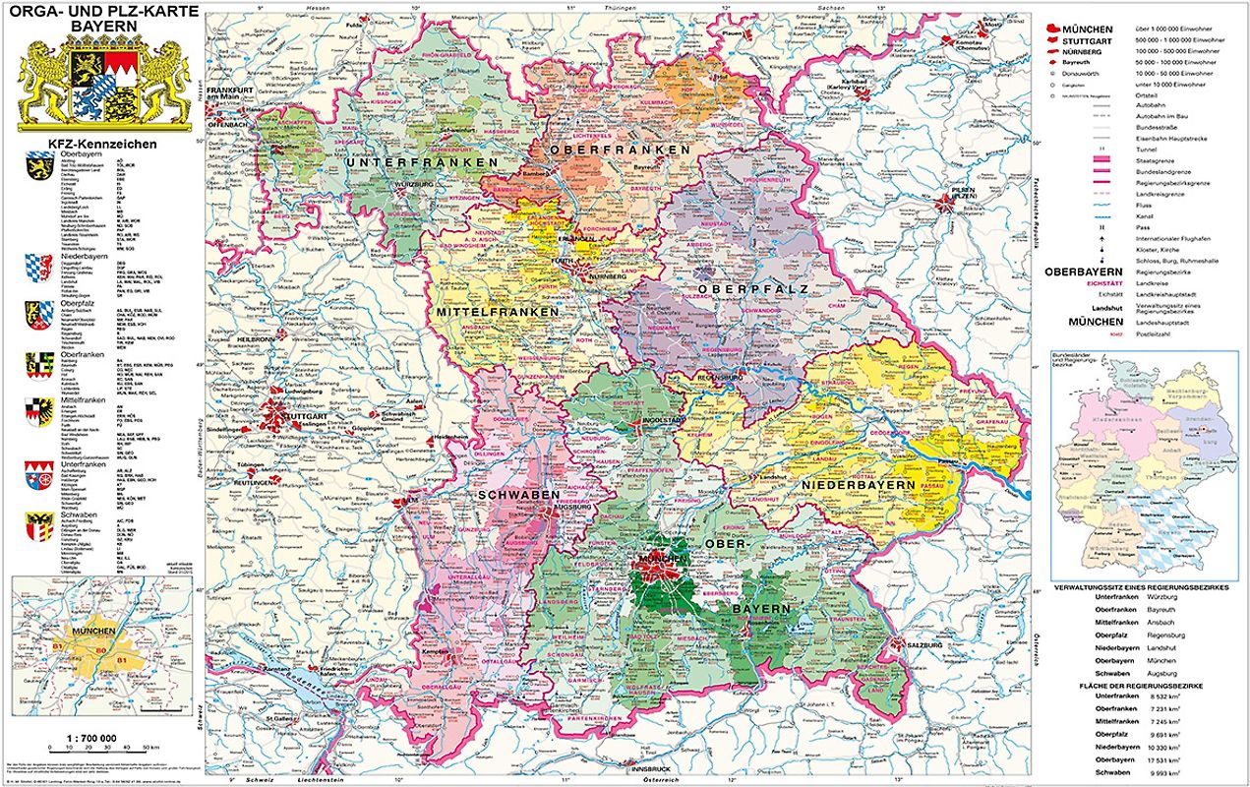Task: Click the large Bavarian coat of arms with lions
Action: (103, 88)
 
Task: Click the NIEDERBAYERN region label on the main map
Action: (859, 485)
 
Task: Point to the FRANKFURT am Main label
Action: (228, 94)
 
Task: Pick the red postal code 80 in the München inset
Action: (97, 650)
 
